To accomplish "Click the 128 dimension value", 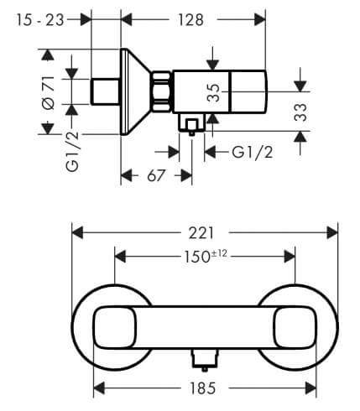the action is coord(191,20).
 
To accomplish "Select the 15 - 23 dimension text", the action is coord(40,20).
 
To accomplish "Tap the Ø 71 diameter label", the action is coord(48,92).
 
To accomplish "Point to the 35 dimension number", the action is coord(214,92).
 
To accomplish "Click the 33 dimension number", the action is coord(300,112).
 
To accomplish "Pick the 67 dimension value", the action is coord(156,175).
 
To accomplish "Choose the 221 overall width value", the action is coord(201,233).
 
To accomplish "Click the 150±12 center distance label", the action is coord(206,257).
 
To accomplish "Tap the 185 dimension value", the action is coord(202,388).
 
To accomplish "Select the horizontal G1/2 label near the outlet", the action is coord(253,153).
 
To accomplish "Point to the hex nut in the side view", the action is coord(162,92).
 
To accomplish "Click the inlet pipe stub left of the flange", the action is coord(106,91).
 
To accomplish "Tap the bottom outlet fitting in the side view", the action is coord(191,124).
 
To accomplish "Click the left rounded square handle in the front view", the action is coord(115,327).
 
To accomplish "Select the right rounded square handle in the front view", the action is coord(295,327).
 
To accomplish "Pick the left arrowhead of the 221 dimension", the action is coord(78,233).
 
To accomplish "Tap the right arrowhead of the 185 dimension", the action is coord(310,388).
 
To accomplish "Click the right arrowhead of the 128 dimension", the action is coord(259,20).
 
